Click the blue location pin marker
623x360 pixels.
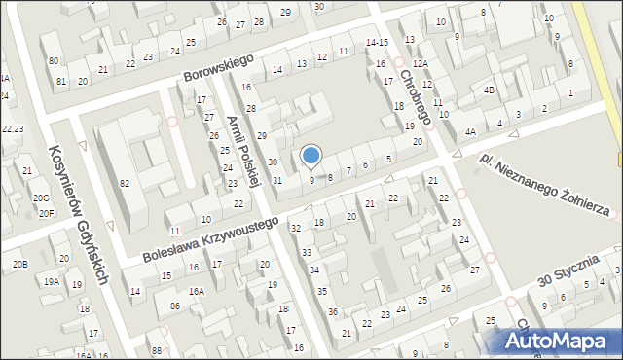pos(311,156)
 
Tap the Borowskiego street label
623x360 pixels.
pos(217,67)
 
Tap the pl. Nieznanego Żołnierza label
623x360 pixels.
pos(544,184)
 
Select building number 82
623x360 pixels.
pos(124,184)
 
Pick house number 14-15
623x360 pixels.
pos(377,43)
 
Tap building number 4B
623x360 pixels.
pos(489,90)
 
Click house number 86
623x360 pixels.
pos(174,306)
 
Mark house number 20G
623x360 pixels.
pos(41,198)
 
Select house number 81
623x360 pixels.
pos(60,81)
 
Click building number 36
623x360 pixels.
pos(333,311)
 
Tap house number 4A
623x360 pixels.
pos(470,131)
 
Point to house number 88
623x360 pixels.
pos(156,350)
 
